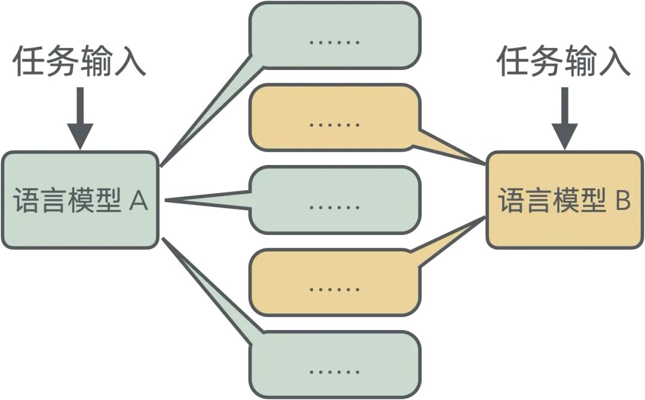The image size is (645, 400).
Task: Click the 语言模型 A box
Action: coord(80,200)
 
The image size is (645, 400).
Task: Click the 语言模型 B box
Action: coord(564,200)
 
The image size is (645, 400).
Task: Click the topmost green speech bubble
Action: coord(334,35)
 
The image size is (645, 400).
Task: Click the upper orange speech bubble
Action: coord(334,117)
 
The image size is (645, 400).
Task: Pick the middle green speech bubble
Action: coord(334,200)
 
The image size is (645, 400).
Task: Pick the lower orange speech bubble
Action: coord(334,283)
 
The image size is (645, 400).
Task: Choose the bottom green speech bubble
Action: coord(334,365)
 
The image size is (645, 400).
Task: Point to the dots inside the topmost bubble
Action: coord(334,42)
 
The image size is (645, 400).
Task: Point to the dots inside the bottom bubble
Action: coord(334,372)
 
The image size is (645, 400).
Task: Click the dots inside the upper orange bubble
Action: coord(334,124)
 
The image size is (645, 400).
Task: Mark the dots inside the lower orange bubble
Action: coord(334,289)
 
